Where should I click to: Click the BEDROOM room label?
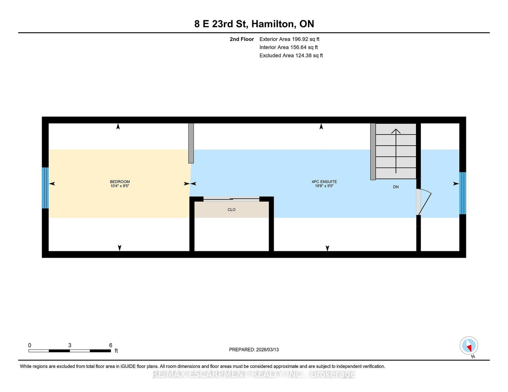pyautogui.click(x=120, y=182)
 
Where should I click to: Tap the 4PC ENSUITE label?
pyautogui.click(x=324, y=182)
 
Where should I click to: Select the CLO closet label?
pyautogui.click(x=231, y=209)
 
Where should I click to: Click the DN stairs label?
pyautogui.click(x=396, y=187)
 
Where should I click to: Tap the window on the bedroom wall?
pyautogui.click(x=45, y=188)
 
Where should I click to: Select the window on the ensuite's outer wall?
pyautogui.click(x=463, y=193)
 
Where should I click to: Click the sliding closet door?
pyautogui.click(x=231, y=199)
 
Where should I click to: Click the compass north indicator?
pyautogui.click(x=469, y=346)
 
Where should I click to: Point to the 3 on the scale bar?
pyautogui.click(x=70, y=345)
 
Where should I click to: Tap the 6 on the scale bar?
pyautogui.click(x=110, y=345)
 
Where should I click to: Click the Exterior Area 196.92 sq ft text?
pyautogui.click(x=289, y=39)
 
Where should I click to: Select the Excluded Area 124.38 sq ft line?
pyautogui.click(x=291, y=55)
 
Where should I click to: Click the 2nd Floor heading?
pyautogui.click(x=242, y=39)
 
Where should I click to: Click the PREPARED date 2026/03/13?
pyautogui.click(x=254, y=350)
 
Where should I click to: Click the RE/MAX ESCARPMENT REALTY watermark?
pyautogui.click(x=254, y=374)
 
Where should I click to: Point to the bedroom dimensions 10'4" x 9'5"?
pyautogui.click(x=120, y=186)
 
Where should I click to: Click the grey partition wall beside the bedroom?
pyautogui.click(x=191, y=143)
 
